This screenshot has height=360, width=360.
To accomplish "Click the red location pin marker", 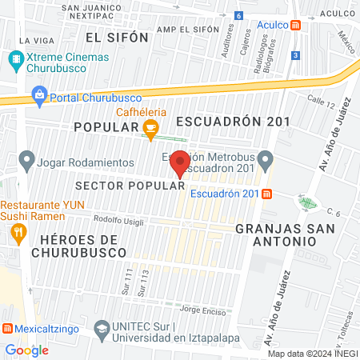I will [x=181, y=163].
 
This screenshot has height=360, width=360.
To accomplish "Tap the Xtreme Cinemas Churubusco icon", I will [x=15, y=58].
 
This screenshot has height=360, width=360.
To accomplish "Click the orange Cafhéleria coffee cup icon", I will [x=150, y=127].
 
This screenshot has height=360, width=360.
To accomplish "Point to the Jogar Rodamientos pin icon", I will [x=27, y=162].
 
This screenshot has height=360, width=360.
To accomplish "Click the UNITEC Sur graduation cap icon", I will [x=102, y=329].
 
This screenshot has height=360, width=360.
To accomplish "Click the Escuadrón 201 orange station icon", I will [x=266, y=194].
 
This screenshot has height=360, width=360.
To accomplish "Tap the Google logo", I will [x=26, y=350].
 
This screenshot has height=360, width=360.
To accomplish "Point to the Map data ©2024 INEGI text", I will [x=311, y=353].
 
